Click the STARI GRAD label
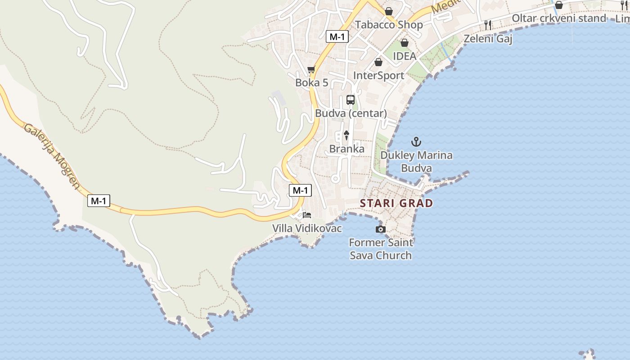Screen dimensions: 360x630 coord(396,203)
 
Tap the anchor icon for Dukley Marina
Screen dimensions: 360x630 coord(416,142)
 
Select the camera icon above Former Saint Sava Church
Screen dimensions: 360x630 coord(381,229)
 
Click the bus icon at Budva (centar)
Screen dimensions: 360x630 coord(351,100)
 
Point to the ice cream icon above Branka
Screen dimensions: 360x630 coord(346,135)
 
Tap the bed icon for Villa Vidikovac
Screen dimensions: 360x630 coord(307,215)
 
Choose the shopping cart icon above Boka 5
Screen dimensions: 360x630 coord(311,70)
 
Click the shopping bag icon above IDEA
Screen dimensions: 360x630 coord(405,43)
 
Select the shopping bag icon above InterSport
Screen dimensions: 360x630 coord(378,62)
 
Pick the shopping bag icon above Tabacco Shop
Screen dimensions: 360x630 coord(389,11)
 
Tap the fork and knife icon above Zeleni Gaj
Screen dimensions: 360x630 coord(488,25)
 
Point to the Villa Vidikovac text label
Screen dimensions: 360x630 coord(307,229)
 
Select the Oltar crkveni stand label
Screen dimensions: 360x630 coord(559,18)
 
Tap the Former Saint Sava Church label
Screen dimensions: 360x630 coord(381,249)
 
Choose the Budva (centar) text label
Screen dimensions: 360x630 coord(351,113)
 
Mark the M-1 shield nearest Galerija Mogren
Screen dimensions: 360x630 coord(99,201)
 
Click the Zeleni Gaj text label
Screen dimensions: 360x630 coord(488,39)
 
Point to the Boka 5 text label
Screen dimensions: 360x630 coord(311,83)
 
